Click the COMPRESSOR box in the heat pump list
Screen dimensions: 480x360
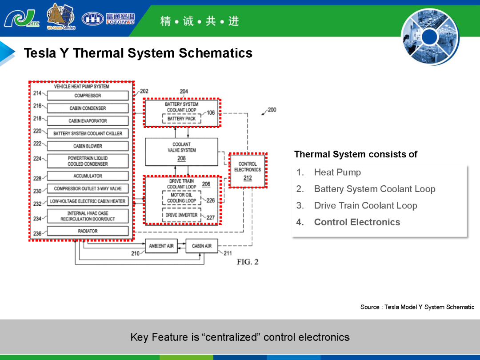(x=88, y=96)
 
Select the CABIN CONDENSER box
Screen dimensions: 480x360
(x=88, y=108)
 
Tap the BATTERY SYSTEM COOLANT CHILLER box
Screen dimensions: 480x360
(x=88, y=133)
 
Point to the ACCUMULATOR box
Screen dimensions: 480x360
(x=88, y=176)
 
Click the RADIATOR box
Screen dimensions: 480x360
(x=88, y=231)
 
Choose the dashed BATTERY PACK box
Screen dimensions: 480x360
(x=181, y=119)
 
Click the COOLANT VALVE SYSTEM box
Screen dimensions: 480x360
(x=181, y=152)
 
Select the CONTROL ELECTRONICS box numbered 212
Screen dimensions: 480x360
(x=248, y=171)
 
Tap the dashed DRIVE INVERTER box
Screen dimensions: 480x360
(x=181, y=215)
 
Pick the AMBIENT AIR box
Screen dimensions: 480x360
(x=161, y=246)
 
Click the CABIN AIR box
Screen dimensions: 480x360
(x=202, y=246)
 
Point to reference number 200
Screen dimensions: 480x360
(x=272, y=110)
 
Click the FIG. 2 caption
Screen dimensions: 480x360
(x=248, y=262)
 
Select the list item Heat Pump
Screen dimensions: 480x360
(x=337, y=172)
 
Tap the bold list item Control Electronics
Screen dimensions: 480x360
(x=357, y=222)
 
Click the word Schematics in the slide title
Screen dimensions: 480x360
(x=216, y=53)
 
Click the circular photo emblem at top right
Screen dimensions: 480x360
(x=430, y=37)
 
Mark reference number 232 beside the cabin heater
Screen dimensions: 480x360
(x=37, y=204)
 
